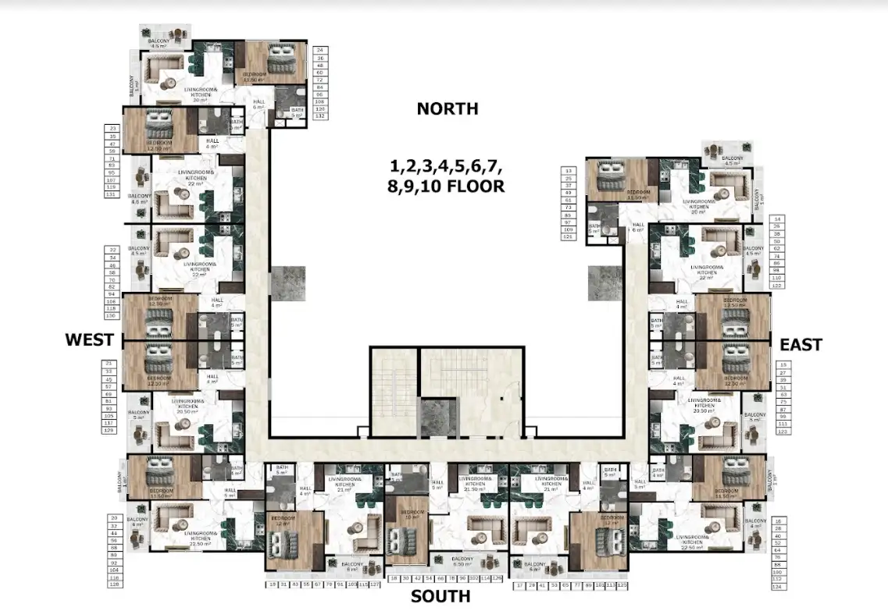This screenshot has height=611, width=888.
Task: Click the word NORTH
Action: pyautogui.click(x=447, y=109)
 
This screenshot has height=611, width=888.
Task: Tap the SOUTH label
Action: pyautogui.click(x=442, y=597)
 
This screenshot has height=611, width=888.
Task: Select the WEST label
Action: pyautogui.click(x=90, y=339)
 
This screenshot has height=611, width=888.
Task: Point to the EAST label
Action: pyautogui.click(x=800, y=344)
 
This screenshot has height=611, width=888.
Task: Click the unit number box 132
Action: pyautogui.click(x=319, y=115)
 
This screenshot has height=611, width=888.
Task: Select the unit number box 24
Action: pyautogui.click(x=319, y=50)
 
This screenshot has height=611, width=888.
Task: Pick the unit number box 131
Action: pyautogui.click(x=112, y=194)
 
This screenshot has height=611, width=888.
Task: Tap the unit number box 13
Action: pyautogui.click(x=568, y=170)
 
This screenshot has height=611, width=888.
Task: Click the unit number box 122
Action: pyautogui.click(x=776, y=286)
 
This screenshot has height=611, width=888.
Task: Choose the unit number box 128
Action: pyautogui.click(x=113, y=584)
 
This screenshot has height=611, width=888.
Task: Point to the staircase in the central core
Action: pyautogui.click(x=394, y=390)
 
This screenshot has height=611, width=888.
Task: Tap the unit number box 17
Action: pyautogui.click(x=519, y=584)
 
